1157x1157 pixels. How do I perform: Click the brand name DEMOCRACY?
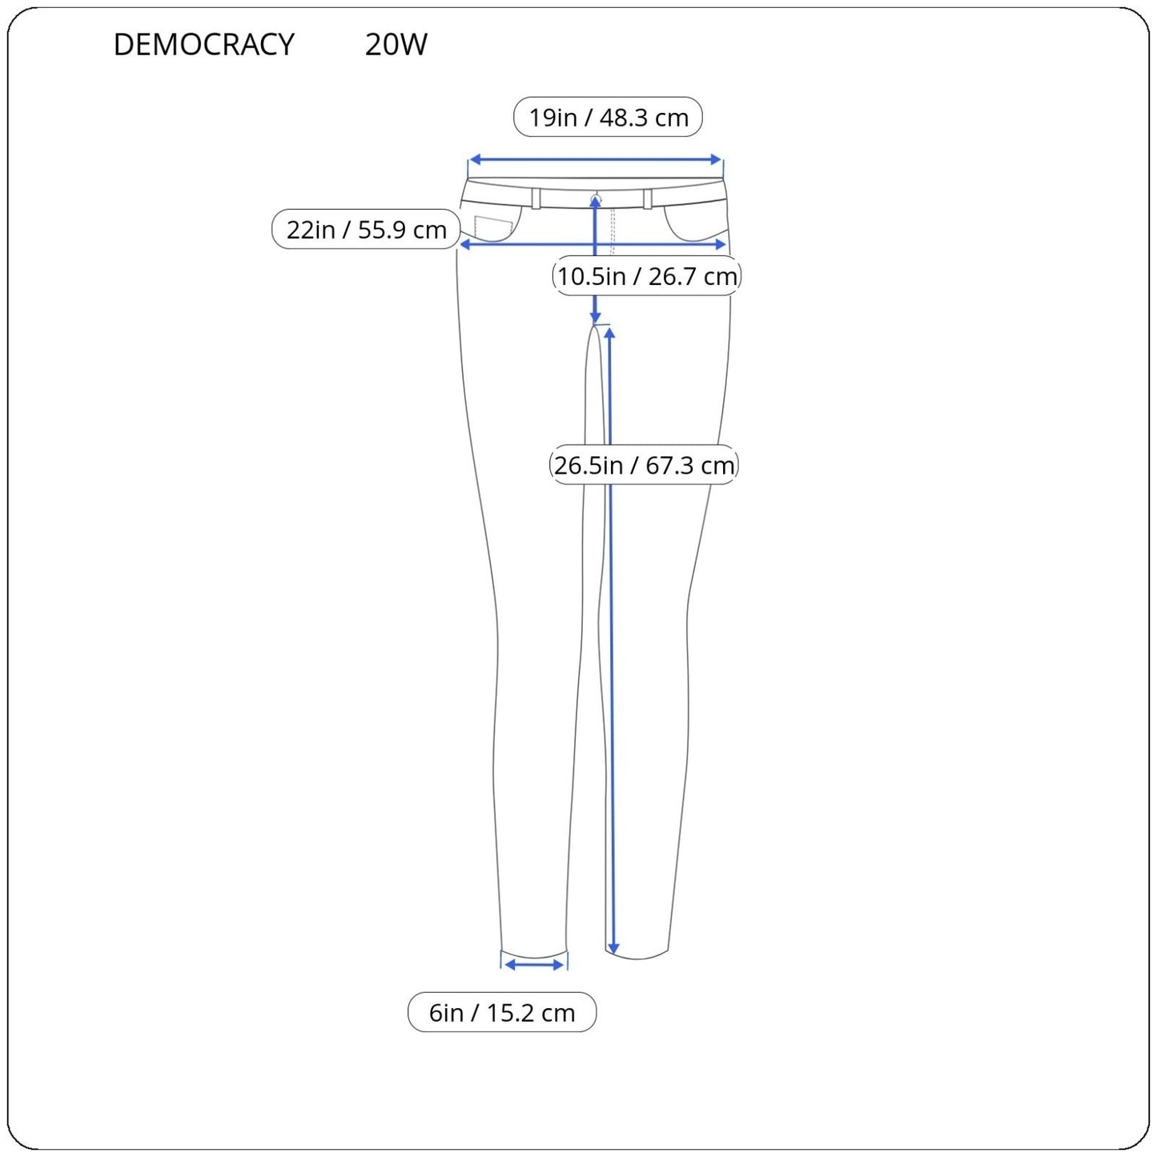click(203, 45)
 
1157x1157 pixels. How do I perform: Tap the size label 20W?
click(396, 45)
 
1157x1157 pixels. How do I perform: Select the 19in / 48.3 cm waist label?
click(608, 118)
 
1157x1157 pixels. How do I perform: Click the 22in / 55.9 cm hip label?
click(366, 230)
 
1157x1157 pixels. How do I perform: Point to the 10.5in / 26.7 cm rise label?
click(646, 276)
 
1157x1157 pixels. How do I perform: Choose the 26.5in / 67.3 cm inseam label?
click(644, 465)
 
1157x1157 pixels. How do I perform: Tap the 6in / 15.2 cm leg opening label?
click(502, 1012)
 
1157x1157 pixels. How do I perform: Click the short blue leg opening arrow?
click(535, 965)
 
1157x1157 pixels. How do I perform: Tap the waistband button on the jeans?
click(595, 196)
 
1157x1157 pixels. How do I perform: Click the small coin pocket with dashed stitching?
click(493, 228)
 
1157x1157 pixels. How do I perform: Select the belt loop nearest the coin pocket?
click(536, 199)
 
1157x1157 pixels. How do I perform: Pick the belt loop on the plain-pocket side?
click(648, 199)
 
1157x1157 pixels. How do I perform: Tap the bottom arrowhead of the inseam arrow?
click(613, 949)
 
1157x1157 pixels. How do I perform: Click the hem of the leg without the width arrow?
click(638, 957)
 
